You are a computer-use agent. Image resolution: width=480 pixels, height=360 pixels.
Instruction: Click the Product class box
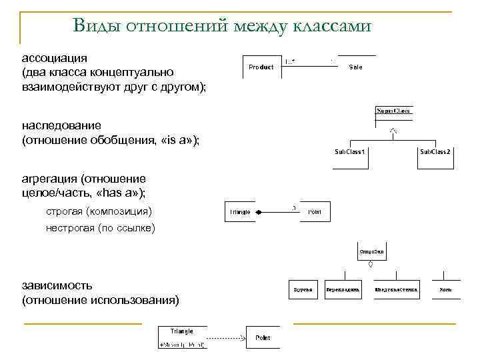tap(261, 67)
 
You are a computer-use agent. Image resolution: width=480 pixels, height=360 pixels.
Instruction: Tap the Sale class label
tap(355, 67)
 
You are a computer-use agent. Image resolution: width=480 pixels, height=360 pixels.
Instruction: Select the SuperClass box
tap(393, 111)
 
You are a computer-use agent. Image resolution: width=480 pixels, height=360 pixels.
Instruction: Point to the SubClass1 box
tap(349, 153)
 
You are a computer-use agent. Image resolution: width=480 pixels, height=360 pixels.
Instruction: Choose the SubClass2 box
tap(435, 153)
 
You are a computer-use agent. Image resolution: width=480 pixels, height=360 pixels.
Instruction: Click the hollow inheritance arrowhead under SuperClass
tap(393, 130)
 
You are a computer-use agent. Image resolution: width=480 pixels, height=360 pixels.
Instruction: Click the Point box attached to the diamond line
tap(314, 212)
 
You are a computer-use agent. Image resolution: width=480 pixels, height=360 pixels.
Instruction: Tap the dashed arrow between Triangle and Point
tap(227, 338)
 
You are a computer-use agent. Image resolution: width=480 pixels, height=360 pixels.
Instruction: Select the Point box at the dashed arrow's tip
tap(263, 338)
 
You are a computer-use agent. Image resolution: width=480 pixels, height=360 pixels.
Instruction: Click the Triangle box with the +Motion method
tap(182, 337)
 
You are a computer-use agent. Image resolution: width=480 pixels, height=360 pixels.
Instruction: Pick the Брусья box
tap(304, 290)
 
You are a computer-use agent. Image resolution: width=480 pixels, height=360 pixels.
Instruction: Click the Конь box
tap(445, 290)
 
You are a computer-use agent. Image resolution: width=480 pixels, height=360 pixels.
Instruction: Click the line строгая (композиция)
tap(99, 211)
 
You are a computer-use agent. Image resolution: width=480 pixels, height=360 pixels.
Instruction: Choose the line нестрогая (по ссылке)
tap(100, 228)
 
